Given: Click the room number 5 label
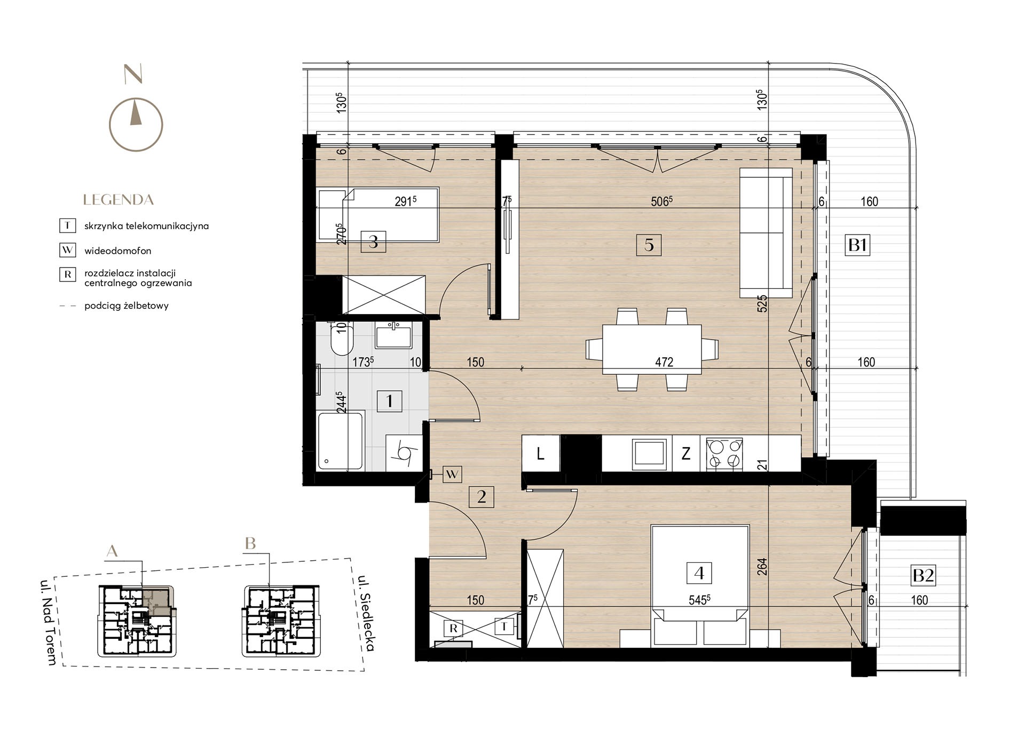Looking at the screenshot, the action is coord(649,245).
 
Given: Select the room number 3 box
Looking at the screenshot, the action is coord(373,242).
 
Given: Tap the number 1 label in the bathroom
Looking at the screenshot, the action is coord(389,401).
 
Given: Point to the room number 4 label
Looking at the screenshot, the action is coord(699,573).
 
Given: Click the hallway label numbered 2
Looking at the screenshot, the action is coord(482,497).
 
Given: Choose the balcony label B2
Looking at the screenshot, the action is coord(924,575).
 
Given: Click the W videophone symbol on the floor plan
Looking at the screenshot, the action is coord(452,474).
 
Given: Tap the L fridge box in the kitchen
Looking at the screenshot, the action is coord(541,454).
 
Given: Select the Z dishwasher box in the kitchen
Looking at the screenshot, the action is coord(686,454).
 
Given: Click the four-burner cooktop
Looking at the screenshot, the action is coord(724,454).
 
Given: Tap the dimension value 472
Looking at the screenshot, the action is coord(664,362).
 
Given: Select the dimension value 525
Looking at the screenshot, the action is coord(762,303).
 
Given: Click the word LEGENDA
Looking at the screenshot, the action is coord(119,200).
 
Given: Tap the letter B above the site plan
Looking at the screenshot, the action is coord(250,544).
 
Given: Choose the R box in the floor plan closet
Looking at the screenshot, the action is coord(453,629).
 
